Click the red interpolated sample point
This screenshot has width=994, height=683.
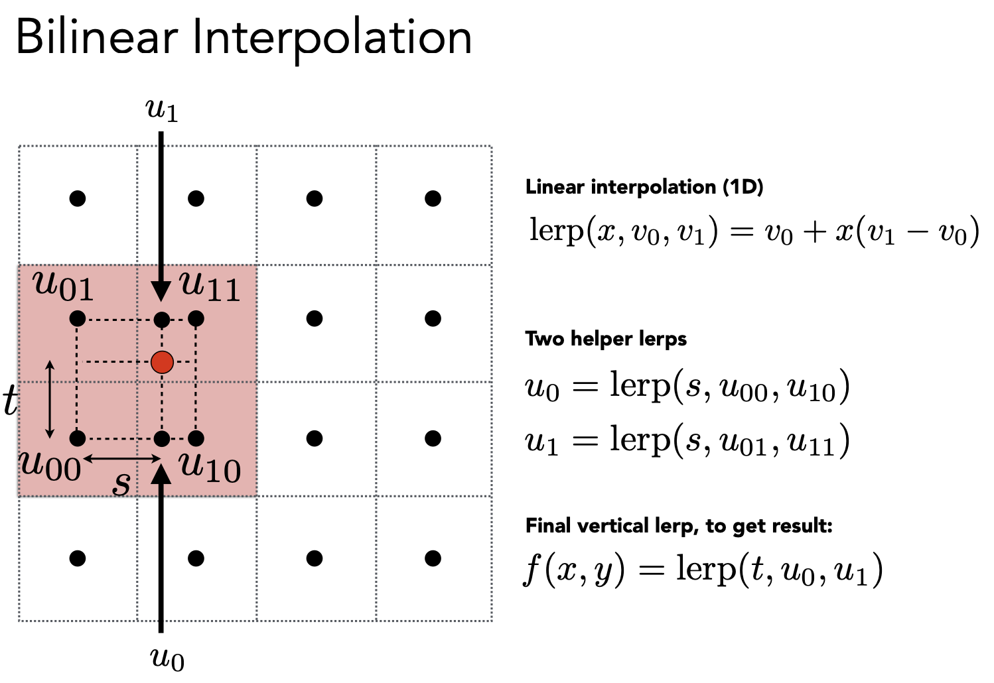tap(162, 362)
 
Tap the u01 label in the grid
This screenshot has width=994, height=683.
tap(64, 286)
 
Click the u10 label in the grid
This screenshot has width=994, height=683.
tap(210, 468)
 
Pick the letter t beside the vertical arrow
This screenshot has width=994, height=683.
tap(11, 400)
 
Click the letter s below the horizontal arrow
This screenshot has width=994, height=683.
tap(121, 483)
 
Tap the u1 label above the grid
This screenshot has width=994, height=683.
tap(162, 110)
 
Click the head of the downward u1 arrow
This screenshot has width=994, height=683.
tap(161, 291)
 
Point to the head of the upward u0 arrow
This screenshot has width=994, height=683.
tap(161, 473)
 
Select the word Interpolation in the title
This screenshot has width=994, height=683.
tap(332, 41)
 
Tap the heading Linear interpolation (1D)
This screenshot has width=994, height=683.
tap(644, 187)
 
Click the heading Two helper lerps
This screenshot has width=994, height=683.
tap(606, 340)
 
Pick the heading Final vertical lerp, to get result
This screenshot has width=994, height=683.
tap(679, 527)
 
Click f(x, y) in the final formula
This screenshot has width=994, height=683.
tap(574, 570)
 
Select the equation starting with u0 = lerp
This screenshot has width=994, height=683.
tap(687, 386)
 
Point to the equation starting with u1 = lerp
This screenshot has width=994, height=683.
tap(687, 440)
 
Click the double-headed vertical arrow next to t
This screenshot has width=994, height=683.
tap(50, 399)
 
